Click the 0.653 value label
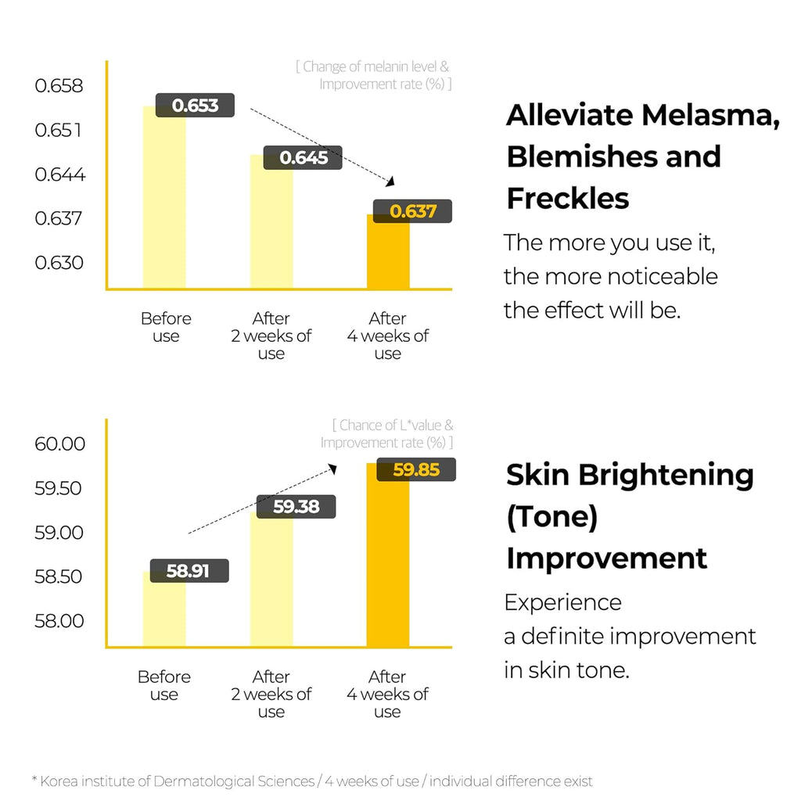pyautogui.click(x=195, y=105)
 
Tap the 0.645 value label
pyautogui.click(x=303, y=158)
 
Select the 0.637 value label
pyautogui.click(x=413, y=211)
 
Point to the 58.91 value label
pyautogui.click(x=189, y=571)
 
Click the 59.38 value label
pyautogui.click(x=296, y=507)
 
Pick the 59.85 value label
pyautogui.click(x=416, y=470)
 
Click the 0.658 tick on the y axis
pyautogui.click(x=59, y=85)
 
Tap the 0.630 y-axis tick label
pyautogui.click(x=59, y=262)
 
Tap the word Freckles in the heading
pyautogui.click(x=568, y=199)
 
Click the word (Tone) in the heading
pyautogui.click(x=552, y=517)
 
